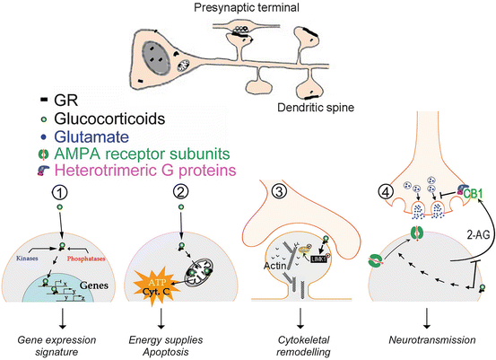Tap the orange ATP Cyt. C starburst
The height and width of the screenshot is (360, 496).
153,297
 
